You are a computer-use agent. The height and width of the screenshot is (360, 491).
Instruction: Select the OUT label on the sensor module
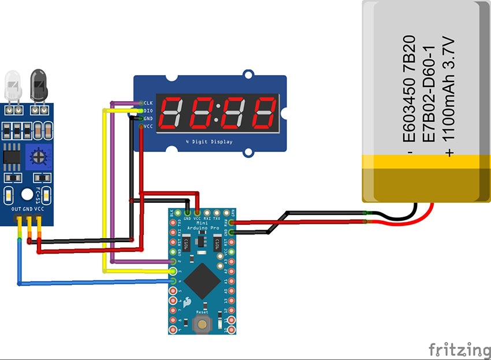tap(17, 209)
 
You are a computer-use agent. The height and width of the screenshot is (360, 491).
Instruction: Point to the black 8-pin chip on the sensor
tap(12, 157)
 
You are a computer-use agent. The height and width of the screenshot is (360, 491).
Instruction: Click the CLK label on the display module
tap(148, 102)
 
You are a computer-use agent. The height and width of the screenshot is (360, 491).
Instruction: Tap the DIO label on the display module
tap(148, 110)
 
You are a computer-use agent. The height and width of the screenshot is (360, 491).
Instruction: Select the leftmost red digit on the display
tap(173, 113)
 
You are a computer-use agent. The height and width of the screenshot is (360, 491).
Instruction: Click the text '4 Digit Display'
tap(209, 141)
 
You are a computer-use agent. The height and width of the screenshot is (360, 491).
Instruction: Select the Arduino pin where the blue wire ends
tap(173, 281)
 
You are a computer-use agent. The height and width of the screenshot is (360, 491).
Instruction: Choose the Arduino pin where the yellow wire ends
tap(173, 271)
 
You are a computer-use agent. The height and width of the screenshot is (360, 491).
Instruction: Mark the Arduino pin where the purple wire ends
tap(173, 262)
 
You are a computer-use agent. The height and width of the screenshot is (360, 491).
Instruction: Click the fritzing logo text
tap(459, 349)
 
